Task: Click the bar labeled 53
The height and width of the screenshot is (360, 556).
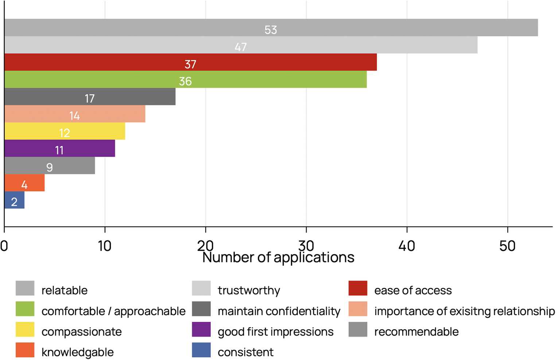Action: point(271,28)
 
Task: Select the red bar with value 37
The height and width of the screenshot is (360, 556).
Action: point(190,62)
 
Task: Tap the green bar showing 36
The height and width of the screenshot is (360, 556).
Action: point(185,80)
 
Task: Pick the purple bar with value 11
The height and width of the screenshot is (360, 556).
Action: point(59,148)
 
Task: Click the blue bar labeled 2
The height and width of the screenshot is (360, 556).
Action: point(14,200)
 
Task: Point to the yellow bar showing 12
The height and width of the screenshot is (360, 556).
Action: point(65,131)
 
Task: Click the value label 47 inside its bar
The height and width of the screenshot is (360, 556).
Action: point(241,47)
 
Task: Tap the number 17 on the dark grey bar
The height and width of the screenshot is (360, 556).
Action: point(90,99)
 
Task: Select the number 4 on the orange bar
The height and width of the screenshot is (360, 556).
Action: point(24,185)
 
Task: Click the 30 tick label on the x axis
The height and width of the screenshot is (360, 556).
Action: point(306,246)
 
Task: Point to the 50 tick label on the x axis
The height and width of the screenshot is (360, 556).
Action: point(507,246)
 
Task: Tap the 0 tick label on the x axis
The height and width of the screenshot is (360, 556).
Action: point(4,246)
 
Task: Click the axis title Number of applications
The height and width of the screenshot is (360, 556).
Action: point(278,258)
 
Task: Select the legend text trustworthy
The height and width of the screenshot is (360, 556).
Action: point(249,290)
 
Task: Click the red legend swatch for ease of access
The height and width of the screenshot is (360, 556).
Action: point(358,288)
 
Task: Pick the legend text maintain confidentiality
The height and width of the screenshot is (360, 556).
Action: point(279,311)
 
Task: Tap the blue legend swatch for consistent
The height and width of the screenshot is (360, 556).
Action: point(201,350)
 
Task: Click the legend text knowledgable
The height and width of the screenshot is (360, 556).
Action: point(78,352)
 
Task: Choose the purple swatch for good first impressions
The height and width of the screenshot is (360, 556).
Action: point(201,329)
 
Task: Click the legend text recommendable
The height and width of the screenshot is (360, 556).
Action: point(416,332)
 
